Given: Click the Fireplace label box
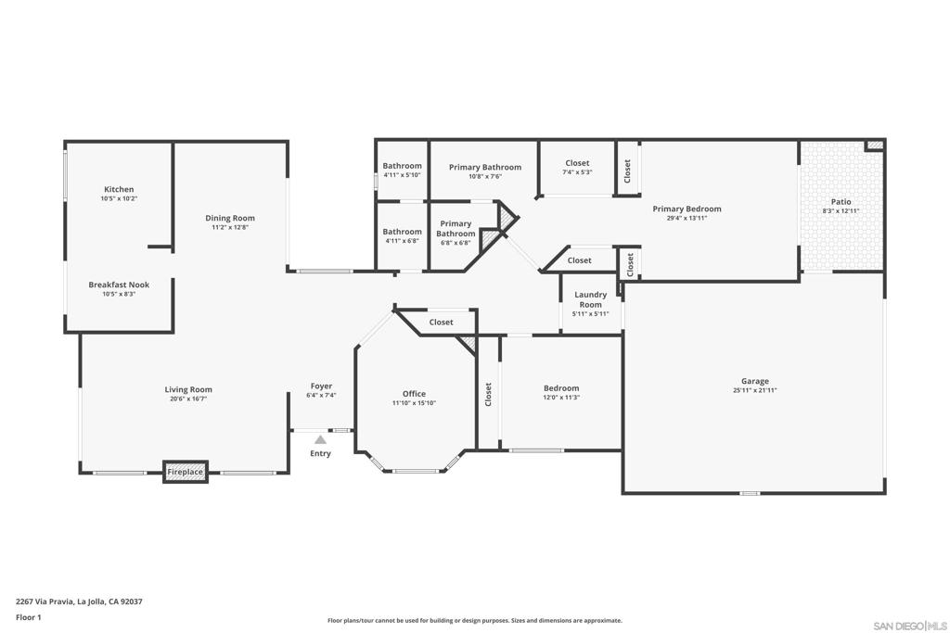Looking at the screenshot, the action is (186, 472).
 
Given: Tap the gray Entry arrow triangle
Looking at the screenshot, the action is (320, 439).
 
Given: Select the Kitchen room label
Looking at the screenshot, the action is (119, 189).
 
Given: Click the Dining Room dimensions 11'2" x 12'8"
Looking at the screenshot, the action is (230, 228).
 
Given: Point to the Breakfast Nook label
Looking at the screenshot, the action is (119, 285).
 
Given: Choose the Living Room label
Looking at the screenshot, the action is (188, 390).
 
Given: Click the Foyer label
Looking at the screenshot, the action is (321, 386).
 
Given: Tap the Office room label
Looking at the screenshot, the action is (415, 394).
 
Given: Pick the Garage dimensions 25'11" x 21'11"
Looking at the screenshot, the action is (755, 390).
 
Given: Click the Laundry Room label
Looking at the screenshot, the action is (591, 299).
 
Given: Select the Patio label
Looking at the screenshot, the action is (841, 201).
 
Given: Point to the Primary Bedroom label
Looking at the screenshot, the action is (687, 209).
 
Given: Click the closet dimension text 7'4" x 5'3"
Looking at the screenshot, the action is (577, 171).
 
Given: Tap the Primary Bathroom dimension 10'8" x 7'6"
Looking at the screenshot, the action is (485, 177).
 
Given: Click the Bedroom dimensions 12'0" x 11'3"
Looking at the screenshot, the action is (561, 398).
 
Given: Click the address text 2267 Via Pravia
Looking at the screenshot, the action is (45, 601).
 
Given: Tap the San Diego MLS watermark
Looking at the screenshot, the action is (910, 626).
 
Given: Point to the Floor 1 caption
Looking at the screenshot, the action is (29, 617).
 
